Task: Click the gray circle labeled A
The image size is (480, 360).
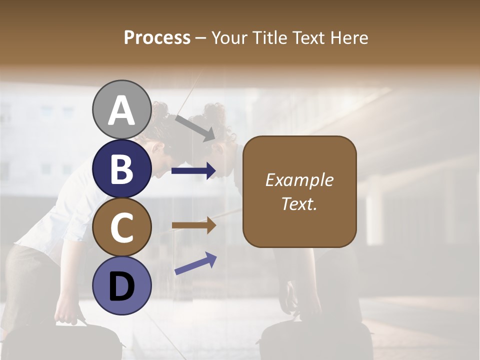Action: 121,110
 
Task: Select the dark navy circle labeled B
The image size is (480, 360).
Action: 121,168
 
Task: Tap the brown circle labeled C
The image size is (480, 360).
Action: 121,227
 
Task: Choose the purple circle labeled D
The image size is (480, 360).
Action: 121,286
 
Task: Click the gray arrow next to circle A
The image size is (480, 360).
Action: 195,128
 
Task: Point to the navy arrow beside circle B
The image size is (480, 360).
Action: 193,171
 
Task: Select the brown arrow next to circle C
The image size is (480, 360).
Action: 193,225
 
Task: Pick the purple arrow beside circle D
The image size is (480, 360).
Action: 195,263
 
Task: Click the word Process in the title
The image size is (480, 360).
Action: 157,37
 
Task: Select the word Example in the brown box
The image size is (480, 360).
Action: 299,180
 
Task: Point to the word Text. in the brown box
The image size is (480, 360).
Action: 299,204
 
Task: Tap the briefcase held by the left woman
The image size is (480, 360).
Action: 75,340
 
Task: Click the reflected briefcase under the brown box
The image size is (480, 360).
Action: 315,337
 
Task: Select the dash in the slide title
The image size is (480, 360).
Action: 201,38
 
